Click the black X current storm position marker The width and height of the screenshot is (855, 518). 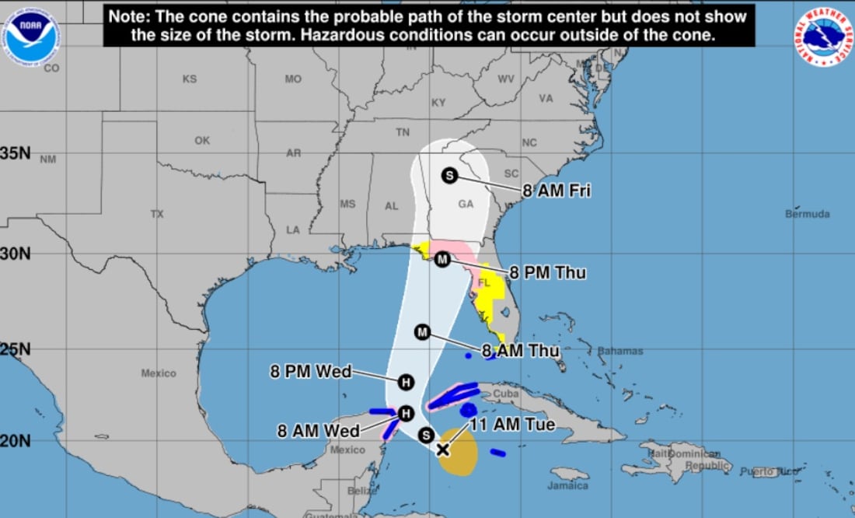(442, 449)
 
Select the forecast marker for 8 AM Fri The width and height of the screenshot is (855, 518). (449, 176)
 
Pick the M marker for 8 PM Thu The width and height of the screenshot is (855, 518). (441, 259)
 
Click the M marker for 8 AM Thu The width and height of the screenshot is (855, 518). (423, 332)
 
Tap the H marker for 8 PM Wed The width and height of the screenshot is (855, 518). (405, 382)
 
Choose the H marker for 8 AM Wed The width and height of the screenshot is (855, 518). (405, 413)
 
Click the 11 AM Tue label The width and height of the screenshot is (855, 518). (512, 425)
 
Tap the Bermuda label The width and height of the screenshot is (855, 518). (808, 214)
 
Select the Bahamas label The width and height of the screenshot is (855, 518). (620, 351)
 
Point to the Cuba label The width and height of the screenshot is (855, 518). (506, 394)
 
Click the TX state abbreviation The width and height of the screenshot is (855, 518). (157, 214)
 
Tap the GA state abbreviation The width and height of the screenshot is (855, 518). (466, 205)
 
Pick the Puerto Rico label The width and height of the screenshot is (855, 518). (759, 471)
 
